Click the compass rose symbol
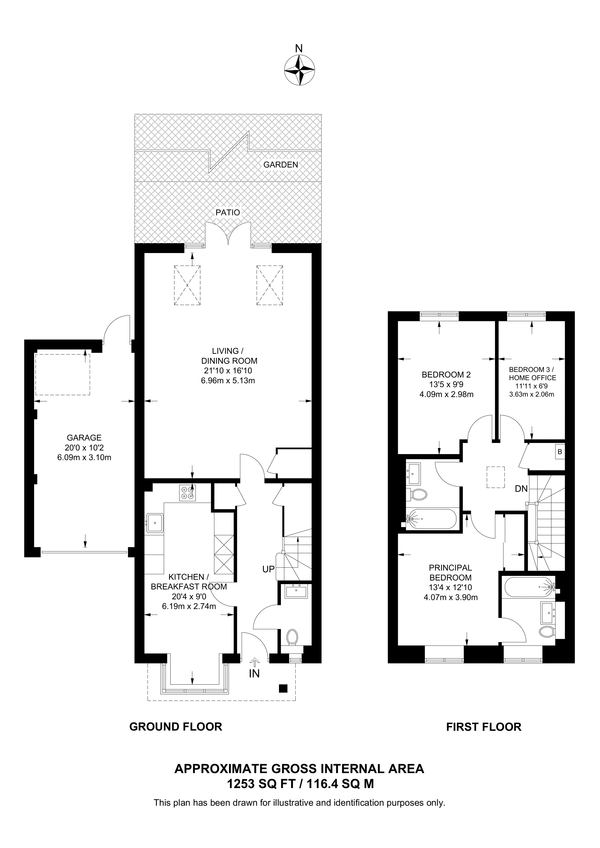[299, 70]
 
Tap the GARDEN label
[281, 165]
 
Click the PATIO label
[228, 212]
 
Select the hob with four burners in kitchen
[187, 493]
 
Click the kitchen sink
[155, 523]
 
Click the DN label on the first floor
[521, 489]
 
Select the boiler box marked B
[559, 452]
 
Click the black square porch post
[283, 688]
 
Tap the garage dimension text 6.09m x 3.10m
[84, 458]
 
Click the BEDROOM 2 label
[446, 375]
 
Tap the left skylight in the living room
[187, 285]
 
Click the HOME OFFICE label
[532, 378]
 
